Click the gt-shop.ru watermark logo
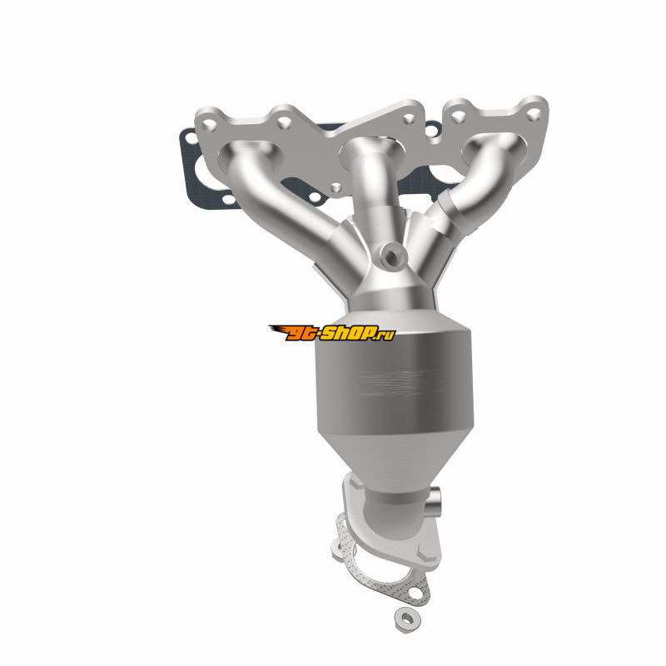tap(332, 332)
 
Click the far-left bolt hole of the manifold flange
tap(209, 125)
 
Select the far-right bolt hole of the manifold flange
tap(534, 113)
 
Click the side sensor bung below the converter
tap(434, 499)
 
